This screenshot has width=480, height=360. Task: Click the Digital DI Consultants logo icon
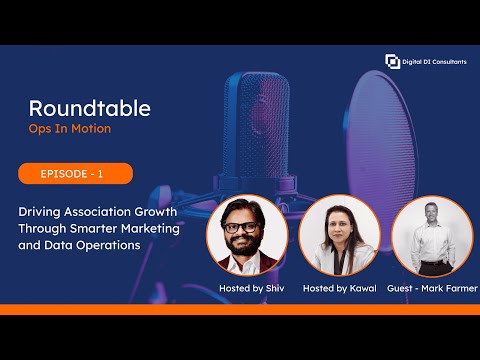[x=392, y=61]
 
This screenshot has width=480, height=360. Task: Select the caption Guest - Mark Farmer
[x=430, y=288]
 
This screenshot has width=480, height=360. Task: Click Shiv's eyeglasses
[x=243, y=226]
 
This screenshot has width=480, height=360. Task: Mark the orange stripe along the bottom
[x=240, y=309]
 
